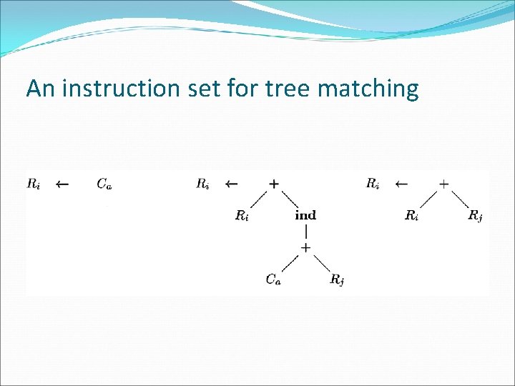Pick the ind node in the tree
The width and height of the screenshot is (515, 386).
click(x=305, y=215)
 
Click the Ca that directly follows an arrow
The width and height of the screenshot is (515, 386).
click(x=104, y=184)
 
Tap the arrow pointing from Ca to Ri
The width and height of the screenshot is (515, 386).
click(x=62, y=184)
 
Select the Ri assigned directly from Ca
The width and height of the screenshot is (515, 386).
click(x=33, y=184)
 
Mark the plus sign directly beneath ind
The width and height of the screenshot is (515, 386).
click(x=305, y=247)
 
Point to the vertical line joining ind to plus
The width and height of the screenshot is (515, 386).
click(x=305, y=232)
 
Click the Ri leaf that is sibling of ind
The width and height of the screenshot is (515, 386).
click(x=242, y=215)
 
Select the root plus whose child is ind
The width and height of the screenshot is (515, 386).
click(x=273, y=184)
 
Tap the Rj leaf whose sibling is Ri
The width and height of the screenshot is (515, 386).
click(x=475, y=215)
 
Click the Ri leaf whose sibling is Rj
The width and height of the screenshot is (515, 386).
click(x=411, y=215)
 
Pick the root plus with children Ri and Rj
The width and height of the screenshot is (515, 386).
click(x=443, y=184)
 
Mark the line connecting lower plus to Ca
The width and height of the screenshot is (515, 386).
click(x=290, y=263)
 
